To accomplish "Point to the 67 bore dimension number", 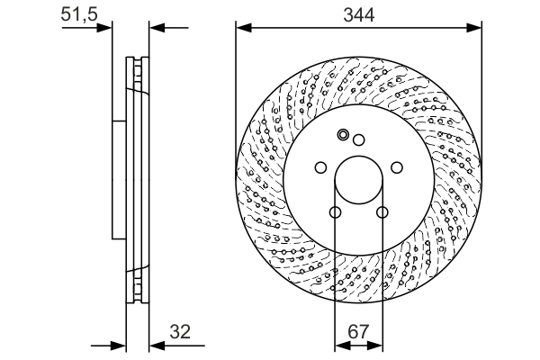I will point(358,332).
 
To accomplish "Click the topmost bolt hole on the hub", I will point(358,139).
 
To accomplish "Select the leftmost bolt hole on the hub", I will point(319,167).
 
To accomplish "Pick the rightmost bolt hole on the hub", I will point(397,167).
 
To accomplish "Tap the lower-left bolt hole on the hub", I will point(335,213).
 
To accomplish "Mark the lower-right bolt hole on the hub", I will point(382,213).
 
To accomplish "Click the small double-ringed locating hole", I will point(342,136).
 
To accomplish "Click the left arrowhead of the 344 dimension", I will point(242,27).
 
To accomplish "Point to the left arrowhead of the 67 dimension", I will point(340,345).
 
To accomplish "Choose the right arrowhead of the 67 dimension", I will point(376,345).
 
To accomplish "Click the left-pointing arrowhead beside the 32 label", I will point(155,345).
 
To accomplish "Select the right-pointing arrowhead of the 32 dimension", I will point(117,345).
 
